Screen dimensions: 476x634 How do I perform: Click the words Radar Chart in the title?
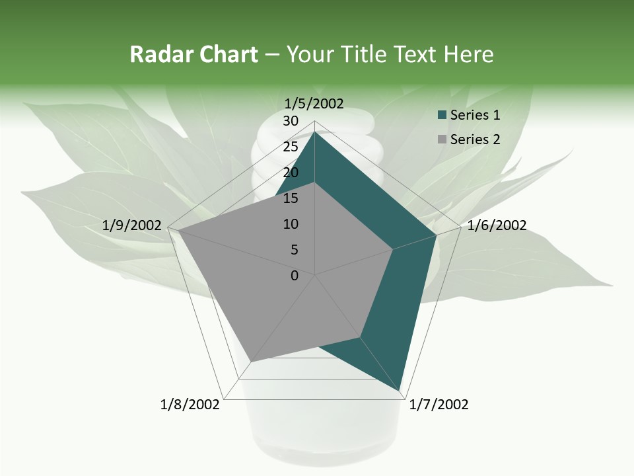(194, 54)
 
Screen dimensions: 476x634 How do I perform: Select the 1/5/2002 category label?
(314, 104)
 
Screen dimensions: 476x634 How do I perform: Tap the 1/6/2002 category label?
(497, 225)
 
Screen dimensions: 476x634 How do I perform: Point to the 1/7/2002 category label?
(439, 405)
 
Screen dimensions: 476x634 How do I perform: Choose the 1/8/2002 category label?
(190, 405)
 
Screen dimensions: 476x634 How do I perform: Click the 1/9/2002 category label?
(132, 225)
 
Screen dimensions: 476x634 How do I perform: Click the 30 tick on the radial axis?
(291, 121)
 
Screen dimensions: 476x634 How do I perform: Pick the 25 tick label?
(291, 147)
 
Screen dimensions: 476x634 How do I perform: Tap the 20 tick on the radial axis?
(291, 173)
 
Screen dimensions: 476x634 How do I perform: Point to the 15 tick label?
(291, 198)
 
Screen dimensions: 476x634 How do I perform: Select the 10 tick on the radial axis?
(291, 224)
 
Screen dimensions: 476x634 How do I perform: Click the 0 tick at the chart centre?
(295, 276)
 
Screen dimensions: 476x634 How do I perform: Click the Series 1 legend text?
(475, 115)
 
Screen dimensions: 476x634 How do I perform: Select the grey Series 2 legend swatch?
(442, 139)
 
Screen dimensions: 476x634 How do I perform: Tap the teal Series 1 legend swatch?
(442, 115)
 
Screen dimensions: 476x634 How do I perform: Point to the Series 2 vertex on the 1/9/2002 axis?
(178, 231)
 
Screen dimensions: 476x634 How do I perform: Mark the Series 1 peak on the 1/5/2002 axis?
(315, 132)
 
